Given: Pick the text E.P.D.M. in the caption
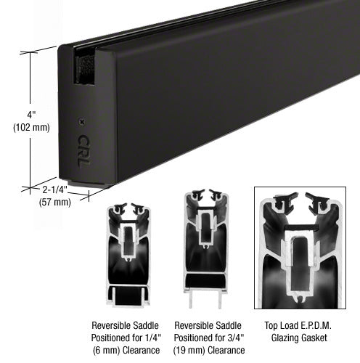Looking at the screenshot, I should click(x=316, y=325).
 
